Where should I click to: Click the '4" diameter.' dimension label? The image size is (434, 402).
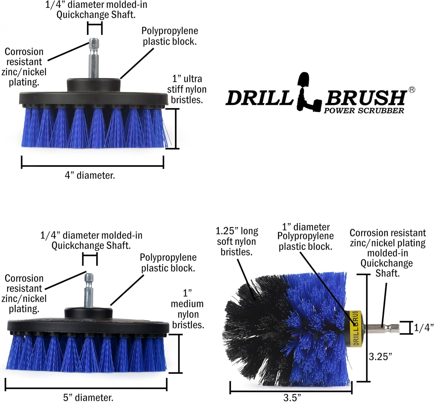[x=90, y=175]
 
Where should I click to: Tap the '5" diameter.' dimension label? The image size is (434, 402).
[x=88, y=397]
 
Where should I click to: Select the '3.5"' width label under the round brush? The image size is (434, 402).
[x=292, y=397]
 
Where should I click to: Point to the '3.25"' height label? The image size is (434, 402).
[x=380, y=356]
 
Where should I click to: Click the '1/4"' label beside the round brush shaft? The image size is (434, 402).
[x=424, y=328]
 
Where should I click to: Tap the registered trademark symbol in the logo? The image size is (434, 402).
[x=412, y=90]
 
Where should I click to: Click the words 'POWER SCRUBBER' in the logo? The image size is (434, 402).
[x=364, y=111]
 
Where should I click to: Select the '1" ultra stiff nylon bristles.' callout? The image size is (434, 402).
[x=187, y=89]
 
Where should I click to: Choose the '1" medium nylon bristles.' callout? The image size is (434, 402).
[x=187, y=309]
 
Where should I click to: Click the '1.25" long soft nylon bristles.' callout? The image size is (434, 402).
[x=237, y=241]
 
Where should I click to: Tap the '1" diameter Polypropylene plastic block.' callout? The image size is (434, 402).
[x=305, y=236]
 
